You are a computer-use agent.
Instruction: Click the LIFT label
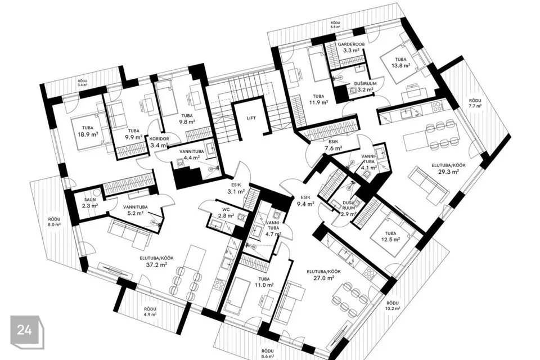pyautogui.click(x=251, y=118)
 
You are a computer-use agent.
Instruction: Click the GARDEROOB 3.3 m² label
pyautogui.click(x=351, y=47)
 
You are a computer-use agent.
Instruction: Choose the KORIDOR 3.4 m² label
pyautogui.click(x=160, y=141)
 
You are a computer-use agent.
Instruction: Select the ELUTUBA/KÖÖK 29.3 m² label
pyautogui.click(x=448, y=168)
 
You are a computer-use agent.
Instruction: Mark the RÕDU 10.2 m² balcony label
pyautogui.click(x=393, y=305)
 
